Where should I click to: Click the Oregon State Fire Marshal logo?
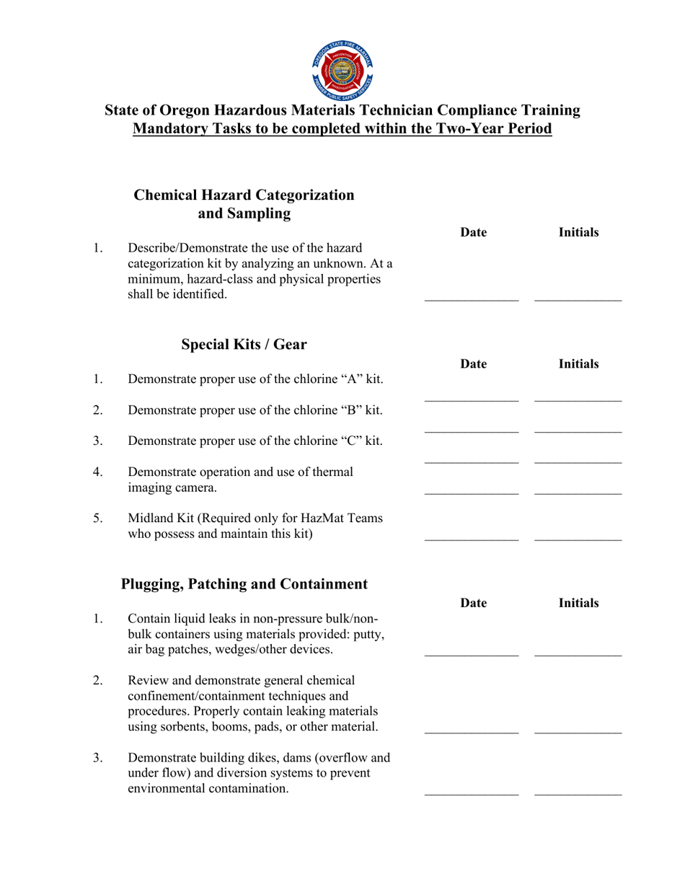(x=342, y=69)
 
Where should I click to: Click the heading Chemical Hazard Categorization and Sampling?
(x=244, y=204)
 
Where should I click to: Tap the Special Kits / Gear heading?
(x=244, y=345)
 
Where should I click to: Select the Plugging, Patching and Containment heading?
(x=244, y=584)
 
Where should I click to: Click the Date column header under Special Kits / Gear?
(x=473, y=364)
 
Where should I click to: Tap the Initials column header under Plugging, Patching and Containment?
(x=578, y=603)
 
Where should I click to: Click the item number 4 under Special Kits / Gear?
(x=98, y=472)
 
